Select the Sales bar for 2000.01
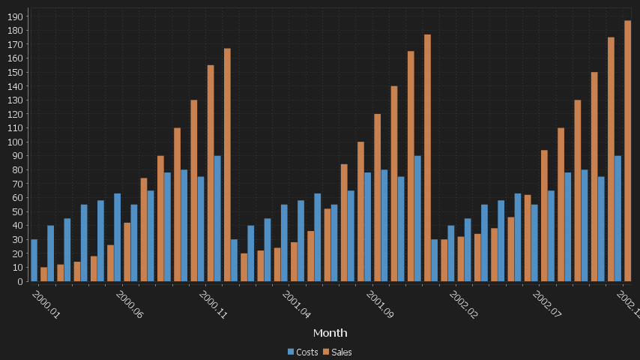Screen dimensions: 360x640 click(x=43, y=274)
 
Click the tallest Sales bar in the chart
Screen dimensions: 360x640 click(x=628, y=151)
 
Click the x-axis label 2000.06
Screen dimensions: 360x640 click(x=129, y=305)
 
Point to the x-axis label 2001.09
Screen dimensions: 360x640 click(x=379, y=305)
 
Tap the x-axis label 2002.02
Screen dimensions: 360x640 click(x=463, y=305)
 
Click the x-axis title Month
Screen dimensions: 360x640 click(x=330, y=332)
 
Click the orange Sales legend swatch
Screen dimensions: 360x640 click(x=327, y=352)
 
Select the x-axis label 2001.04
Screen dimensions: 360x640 click(x=296, y=305)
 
